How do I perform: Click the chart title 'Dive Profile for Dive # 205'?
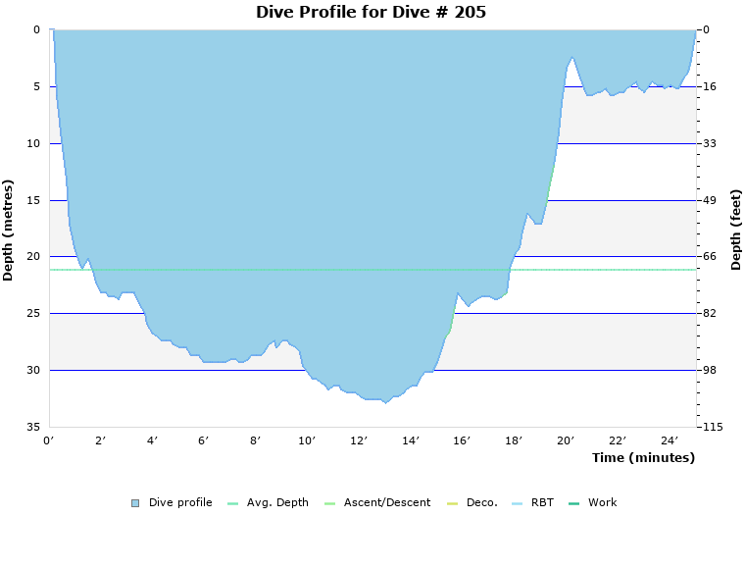pyautogui.click(x=371, y=13)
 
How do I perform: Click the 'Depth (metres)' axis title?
pyautogui.click(x=9, y=230)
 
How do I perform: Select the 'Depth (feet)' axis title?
pyautogui.click(x=736, y=230)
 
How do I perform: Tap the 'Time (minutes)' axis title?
pyautogui.click(x=643, y=458)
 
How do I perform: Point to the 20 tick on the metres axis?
pyautogui.click(x=33, y=257)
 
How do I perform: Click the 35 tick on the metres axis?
pyautogui.click(x=33, y=427)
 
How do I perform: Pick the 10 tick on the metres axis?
pyautogui.click(x=33, y=143)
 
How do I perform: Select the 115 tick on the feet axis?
pyautogui.click(x=713, y=427)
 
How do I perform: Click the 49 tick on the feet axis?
pyautogui.click(x=710, y=200)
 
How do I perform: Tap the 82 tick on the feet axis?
pyautogui.click(x=710, y=313)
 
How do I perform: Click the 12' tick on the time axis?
pyautogui.click(x=359, y=440)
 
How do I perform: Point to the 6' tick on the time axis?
pyautogui.click(x=204, y=440)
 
